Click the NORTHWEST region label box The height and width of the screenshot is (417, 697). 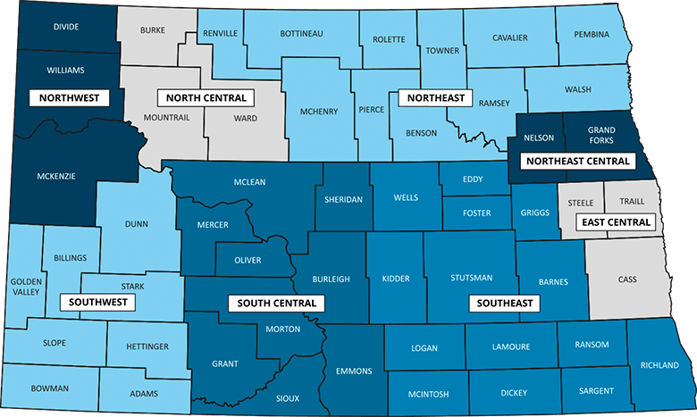point(68,97)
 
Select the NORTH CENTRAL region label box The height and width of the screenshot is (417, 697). point(206,97)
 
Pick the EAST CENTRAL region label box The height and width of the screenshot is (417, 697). point(615,221)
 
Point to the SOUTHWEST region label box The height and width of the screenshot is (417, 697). point(97,302)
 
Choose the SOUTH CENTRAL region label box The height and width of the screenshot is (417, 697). point(277,303)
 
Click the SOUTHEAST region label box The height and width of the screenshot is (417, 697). point(505,303)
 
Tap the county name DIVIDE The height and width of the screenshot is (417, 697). point(66,27)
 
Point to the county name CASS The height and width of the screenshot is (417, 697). point(627,279)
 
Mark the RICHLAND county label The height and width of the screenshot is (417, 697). point(659,364)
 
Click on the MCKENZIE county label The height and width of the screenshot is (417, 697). point(56,176)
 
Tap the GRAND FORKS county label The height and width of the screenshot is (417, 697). point(600,134)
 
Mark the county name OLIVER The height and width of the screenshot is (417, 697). point(247,260)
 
